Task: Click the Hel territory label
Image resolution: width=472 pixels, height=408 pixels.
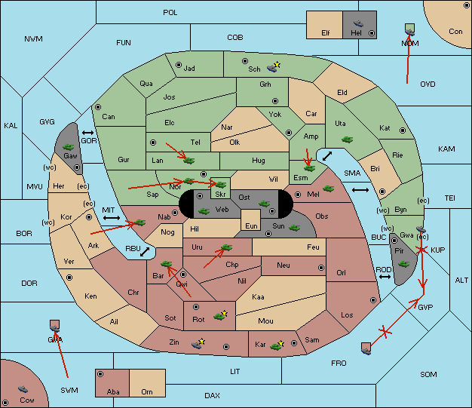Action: tap(356, 33)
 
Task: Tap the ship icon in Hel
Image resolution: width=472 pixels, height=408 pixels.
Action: tap(358, 23)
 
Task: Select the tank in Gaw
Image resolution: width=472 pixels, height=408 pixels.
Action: tap(68, 147)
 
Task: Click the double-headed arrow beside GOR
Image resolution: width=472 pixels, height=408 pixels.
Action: tap(87, 133)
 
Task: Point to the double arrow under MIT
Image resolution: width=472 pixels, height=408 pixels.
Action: tap(112, 218)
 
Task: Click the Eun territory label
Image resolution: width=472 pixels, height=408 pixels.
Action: tap(251, 225)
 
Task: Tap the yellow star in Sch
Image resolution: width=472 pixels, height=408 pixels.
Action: tap(277, 64)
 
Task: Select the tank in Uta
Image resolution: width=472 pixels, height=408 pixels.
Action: tap(347, 140)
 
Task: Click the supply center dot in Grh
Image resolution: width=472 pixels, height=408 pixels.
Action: tap(275, 101)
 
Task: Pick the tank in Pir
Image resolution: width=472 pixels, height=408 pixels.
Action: tap(403, 264)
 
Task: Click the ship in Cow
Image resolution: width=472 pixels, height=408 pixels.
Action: tap(23, 389)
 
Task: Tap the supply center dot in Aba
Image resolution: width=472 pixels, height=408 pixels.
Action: tap(100, 374)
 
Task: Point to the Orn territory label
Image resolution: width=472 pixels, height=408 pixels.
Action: tap(147, 391)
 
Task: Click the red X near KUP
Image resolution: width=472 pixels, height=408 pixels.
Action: tap(421, 250)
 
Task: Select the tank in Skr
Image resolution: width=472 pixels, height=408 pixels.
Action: tap(221, 184)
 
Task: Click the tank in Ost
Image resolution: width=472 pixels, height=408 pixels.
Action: tap(265, 204)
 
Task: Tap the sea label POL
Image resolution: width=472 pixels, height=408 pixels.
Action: tap(170, 13)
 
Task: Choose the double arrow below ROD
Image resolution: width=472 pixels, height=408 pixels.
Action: tap(385, 277)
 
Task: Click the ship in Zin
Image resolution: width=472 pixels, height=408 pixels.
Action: tap(196, 345)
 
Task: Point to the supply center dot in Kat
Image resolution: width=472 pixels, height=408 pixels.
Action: tap(403, 130)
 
